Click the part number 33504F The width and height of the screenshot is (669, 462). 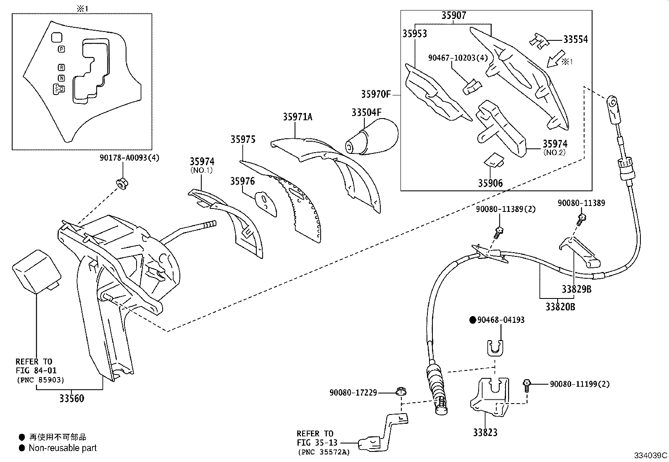(366, 112)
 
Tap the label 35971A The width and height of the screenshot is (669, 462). (297, 117)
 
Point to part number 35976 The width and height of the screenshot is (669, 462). (242, 181)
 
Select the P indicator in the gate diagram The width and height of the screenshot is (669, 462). (61, 49)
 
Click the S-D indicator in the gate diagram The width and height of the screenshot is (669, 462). (59, 89)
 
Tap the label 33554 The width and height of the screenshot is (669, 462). (575, 40)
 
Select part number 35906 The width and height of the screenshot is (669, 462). (490, 183)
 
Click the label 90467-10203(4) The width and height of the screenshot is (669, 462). (458, 58)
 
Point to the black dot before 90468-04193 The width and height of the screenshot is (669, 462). (473, 320)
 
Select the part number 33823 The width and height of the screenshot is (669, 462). (485, 432)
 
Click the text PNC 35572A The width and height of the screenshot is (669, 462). (324, 452)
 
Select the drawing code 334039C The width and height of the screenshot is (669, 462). (651, 455)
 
